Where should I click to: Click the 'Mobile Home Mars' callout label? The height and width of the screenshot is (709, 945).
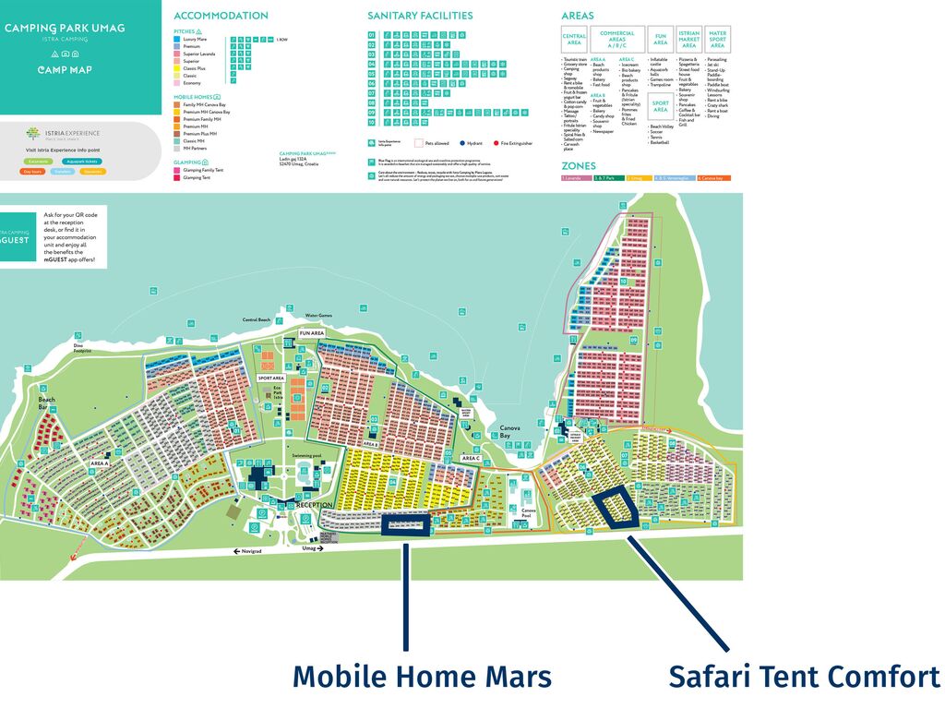coord(422,677)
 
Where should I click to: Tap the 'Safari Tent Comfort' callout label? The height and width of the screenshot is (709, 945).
coord(804,677)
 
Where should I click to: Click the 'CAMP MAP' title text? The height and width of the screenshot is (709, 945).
coord(65,70)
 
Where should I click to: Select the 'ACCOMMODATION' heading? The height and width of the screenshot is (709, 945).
coord(221,16)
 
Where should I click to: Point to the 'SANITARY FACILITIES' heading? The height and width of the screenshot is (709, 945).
coord(420,16)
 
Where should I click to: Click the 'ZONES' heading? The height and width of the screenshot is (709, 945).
coord(579,166)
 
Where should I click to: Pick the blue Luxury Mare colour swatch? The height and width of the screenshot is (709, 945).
coord(177,40)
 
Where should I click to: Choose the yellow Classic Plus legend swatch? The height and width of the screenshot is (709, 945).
coord(177,68)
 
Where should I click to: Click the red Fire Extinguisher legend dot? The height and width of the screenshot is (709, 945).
coord(496,143)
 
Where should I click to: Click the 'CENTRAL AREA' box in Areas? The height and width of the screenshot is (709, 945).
coord(574,40)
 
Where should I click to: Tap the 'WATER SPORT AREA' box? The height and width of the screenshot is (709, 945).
coord(717,40)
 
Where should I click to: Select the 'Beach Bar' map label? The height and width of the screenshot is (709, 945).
coord(42,403)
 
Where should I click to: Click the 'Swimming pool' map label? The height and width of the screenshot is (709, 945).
coord(305,456)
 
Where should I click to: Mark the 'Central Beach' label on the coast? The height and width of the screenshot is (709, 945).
coord(257,319)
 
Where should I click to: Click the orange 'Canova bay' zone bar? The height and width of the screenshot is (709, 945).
coord(713,177)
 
